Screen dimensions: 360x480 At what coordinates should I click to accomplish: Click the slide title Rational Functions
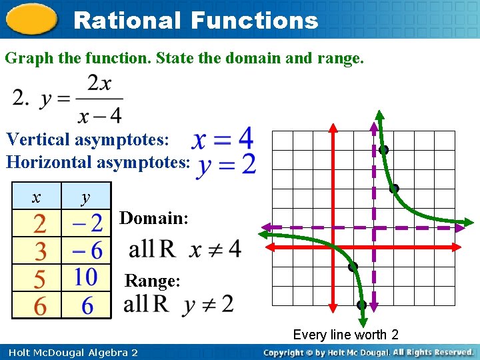point(195,20)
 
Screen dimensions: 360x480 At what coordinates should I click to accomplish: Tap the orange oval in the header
point(32,19)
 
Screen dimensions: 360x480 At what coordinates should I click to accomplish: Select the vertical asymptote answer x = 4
point(223,139)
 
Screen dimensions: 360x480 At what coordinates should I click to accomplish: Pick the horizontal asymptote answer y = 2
point(226,164)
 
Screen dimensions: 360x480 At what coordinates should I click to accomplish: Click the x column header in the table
point(36,197)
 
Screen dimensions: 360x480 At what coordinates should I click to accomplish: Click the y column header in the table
point(85,197)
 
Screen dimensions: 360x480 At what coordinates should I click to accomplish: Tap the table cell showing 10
point(86,277)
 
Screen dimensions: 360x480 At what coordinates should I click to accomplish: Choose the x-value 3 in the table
point(40,251)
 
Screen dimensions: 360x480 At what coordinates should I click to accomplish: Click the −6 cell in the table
point(86,251)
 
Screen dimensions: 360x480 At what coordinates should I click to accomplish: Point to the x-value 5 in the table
point(40,277)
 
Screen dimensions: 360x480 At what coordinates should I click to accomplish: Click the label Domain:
point(154,218)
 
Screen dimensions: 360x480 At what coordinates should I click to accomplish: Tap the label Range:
point(153,281)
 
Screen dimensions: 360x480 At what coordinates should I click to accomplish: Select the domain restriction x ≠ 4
point(215,250)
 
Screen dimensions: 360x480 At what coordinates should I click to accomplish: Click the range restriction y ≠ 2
point(209,305)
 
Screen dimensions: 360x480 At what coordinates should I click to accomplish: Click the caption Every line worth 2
point(345,335)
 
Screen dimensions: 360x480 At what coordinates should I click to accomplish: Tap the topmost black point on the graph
point(383,150)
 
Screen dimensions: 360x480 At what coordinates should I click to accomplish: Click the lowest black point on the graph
point(361,305)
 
